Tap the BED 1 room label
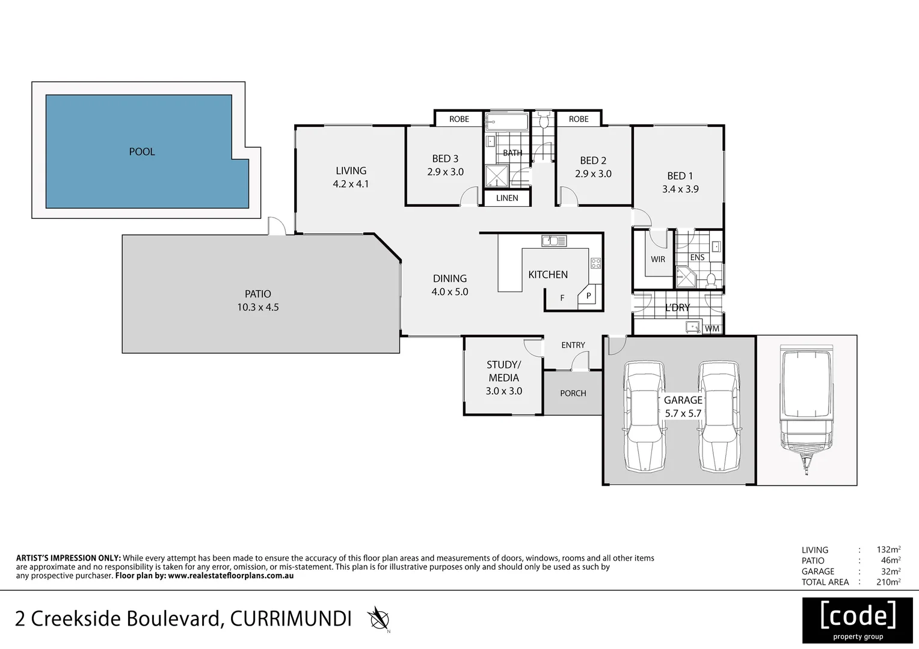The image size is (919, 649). click(x=680, y=176)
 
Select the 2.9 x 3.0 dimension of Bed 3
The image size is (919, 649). click(x=445, y=172)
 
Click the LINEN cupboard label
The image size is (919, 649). click(x=507, y=198)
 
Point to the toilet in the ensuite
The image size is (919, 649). click(x=710, y=279)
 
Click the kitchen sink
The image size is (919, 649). click(x=554, y=241)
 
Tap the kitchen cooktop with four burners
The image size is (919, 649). click(x=595, y=263)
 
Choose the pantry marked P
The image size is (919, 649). click(x=588, y=296)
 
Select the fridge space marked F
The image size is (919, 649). click(x=562, y=298)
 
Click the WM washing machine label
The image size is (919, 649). click(x=712, y=329)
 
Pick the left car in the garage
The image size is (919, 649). click(x=645, y=416)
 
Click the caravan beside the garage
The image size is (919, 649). click(x=806, y=409)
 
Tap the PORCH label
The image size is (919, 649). click(x=573, y=393)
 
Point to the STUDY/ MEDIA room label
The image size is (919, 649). click(x=503, y=371)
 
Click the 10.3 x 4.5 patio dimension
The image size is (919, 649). click(x=257, y=307)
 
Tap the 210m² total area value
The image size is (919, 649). click(x=888, y=582)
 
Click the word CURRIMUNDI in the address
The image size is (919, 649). click(x=290, y=618)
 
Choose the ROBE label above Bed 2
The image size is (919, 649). click(x=579, y=119)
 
